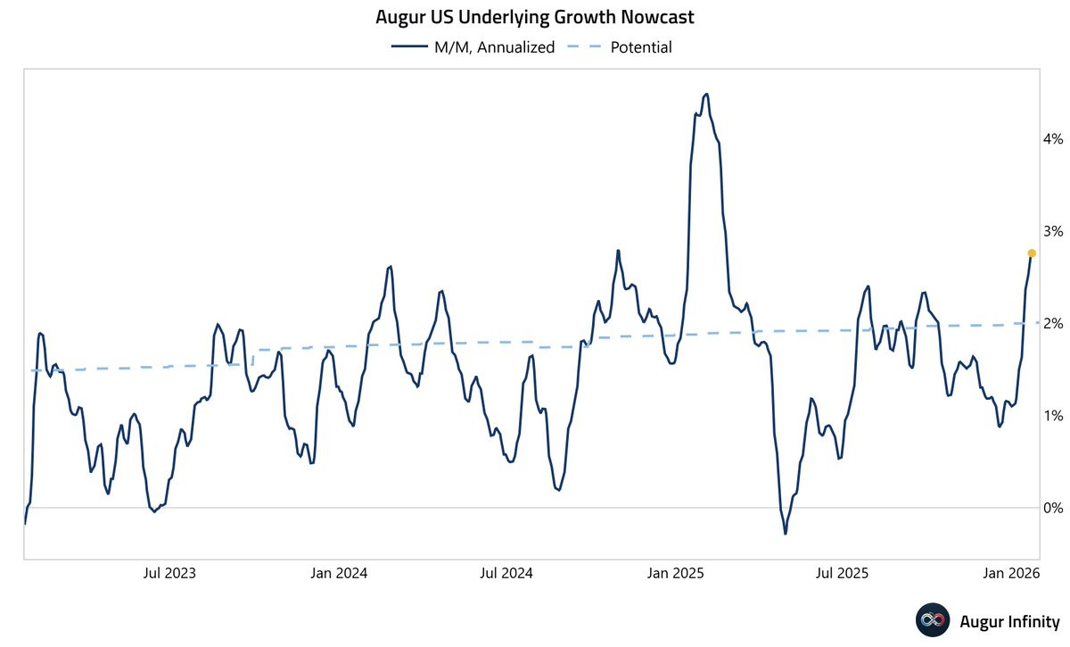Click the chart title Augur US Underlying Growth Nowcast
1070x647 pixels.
point(535,17)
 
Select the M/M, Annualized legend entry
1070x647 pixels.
point(473,47)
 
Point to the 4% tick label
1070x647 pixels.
point(1053,139)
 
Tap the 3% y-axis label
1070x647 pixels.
point(1053,231)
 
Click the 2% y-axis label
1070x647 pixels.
point(1053,323)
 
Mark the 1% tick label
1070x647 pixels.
point(1053,416)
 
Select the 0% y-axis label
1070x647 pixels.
point(1053,508)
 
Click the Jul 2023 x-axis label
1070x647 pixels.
point(169,573)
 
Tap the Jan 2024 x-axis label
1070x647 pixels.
point(339,573)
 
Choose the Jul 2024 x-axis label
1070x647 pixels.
point(506,573)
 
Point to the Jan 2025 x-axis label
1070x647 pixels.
point(675,573)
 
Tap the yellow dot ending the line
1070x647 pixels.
point(1032,253)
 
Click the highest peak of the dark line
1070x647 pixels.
point(706,94)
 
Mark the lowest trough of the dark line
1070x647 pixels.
point(786,534)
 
